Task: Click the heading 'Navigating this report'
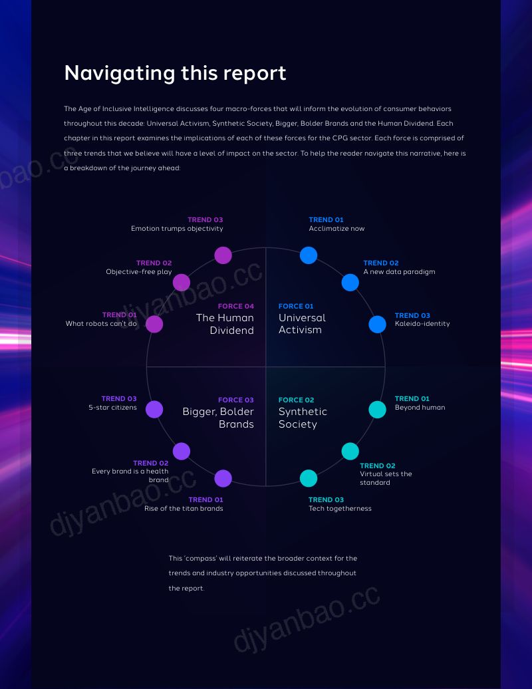[x=176, y=73]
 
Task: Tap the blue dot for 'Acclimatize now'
[x=309, y=255]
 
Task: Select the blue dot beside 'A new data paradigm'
[x=350, y=283]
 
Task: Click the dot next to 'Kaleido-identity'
[x=377, y=325]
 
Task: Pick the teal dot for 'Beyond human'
[x=377, y=410]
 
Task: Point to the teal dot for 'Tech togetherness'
[x=309, y=479]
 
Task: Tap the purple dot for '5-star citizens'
[x=154, y=410]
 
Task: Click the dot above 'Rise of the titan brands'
[x=223, y=479]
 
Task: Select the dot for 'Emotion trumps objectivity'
[x=223, y=255]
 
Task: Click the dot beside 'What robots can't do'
[x=154, y=325]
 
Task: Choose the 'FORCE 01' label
[x=296, y=307]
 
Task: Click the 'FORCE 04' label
[x=236, y=307]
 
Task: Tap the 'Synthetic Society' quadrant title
[x=303, y=418]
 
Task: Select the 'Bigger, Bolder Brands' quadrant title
[x=218, y=418]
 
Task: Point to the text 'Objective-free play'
[x=139, y=272]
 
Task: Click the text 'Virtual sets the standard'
[x=386, y=478]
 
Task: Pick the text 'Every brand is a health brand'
[x=130, y=476]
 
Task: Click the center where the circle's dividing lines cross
[x=266, y=367]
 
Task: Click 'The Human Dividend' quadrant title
[x=225, y=324]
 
